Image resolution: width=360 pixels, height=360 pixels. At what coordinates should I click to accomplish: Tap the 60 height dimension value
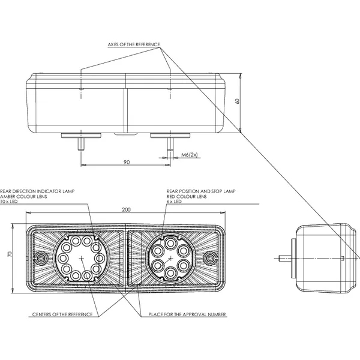(x=238, y=103)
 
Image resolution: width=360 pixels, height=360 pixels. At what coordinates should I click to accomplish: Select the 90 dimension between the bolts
(x=127, y=162)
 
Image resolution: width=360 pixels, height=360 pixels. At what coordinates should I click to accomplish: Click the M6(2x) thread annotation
(x=189, y=155)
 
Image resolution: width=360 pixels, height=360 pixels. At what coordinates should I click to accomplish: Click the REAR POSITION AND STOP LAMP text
(x=202, y=191)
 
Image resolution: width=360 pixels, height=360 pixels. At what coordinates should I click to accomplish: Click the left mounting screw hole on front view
(x=41, y=259)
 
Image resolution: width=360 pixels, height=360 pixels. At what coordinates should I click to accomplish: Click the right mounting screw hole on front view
(x=210, y=259)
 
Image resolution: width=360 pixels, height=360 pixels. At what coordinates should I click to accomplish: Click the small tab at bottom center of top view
(x=125, y=135)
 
